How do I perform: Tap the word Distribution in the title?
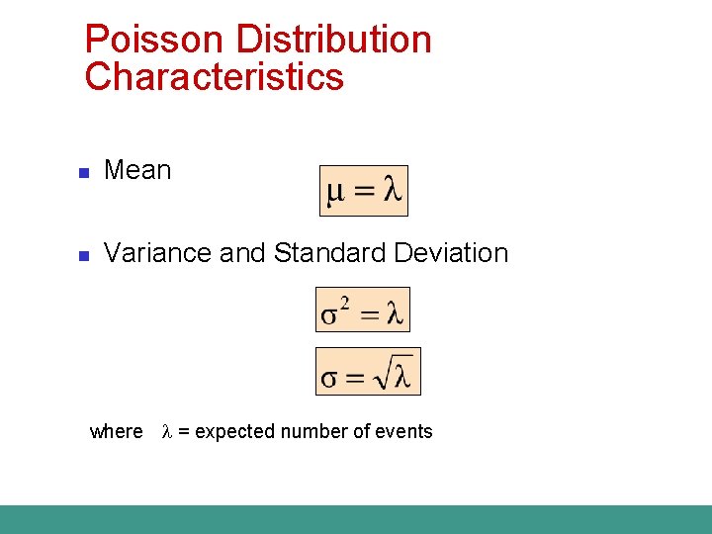tap(322, 41)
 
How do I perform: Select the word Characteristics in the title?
tap(214, 77)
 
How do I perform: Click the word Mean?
tap(137, 170)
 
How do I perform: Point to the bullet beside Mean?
tap(84, 173)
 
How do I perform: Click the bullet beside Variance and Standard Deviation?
tap(84, 256)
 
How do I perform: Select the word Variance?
tap(157, 253)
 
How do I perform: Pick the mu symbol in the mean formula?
tap(336, 192)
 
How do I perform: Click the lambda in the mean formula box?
tap(393, 191)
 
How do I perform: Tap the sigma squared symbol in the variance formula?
tap(334, 312)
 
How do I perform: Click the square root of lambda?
tap(396, 374)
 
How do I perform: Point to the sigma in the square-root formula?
tap(329, 378)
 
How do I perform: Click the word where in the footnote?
tap(116, 431)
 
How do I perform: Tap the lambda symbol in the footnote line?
tap(167, 431)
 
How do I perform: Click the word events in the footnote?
tap(405, 431)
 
